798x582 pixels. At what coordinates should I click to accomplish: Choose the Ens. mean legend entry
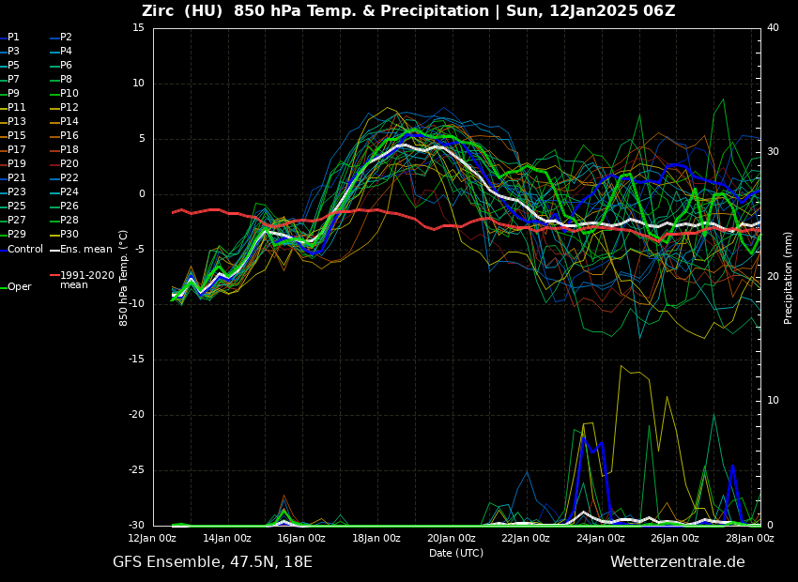click(x=85, y=250)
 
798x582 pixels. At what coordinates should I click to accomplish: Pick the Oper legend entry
click(x=20, y=287)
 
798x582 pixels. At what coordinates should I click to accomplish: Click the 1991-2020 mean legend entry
click(x=86, y=280)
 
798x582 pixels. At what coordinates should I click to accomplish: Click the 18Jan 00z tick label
click(x=376, y=538)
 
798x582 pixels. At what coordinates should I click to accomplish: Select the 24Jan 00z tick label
click(x=600, y=538)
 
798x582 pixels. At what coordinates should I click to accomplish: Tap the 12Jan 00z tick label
click(x=152, y=538)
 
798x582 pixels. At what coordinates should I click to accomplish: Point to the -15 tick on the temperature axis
click(x=137, y=360)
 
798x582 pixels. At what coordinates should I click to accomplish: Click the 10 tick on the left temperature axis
click(x=139, y=84)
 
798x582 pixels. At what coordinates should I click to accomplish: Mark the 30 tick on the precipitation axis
click(x=773, y=152)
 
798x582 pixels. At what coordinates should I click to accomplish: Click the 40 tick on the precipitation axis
click(x=773, y=28)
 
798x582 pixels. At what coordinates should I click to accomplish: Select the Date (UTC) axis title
click(x=456, y=553)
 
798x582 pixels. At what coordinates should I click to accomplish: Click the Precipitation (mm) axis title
click(x=789, y=278)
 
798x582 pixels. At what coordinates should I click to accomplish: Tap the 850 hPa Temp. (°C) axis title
click(x=124, y=278)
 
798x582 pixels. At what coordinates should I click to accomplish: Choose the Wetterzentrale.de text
click(x=677, y=562)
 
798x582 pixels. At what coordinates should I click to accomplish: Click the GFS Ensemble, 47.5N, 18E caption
click(x=212, y=562)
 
